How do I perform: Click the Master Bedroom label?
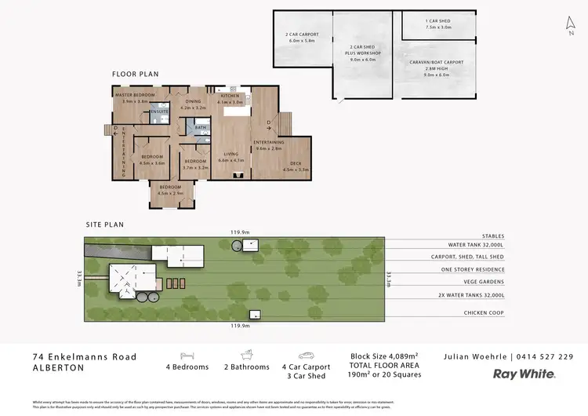pos(134,95)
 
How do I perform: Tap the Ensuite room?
pos(160,112)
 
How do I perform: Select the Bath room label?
pos(201,127)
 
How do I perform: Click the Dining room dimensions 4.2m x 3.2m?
pos(193,107)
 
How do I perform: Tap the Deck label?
pos(296,163)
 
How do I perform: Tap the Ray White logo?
pos(524,374)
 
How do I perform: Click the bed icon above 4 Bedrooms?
pos(187,356)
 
